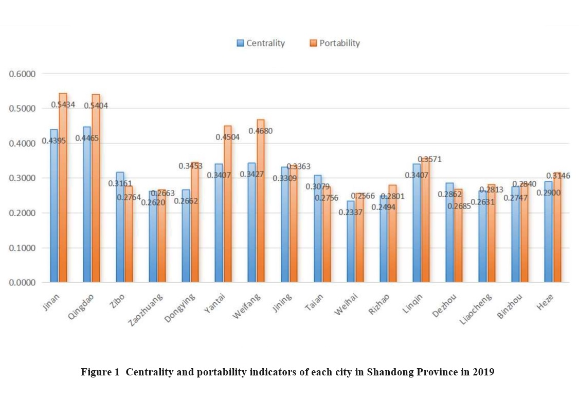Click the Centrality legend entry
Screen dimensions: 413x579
(261, 43)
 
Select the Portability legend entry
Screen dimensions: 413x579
(335, 43)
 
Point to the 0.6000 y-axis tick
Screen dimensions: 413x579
(22, 74)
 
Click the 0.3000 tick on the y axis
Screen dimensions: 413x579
(22, 178)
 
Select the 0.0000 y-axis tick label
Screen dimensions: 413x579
(22, 283)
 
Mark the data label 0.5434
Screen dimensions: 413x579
(63, 105)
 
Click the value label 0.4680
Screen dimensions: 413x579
(260, 131)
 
